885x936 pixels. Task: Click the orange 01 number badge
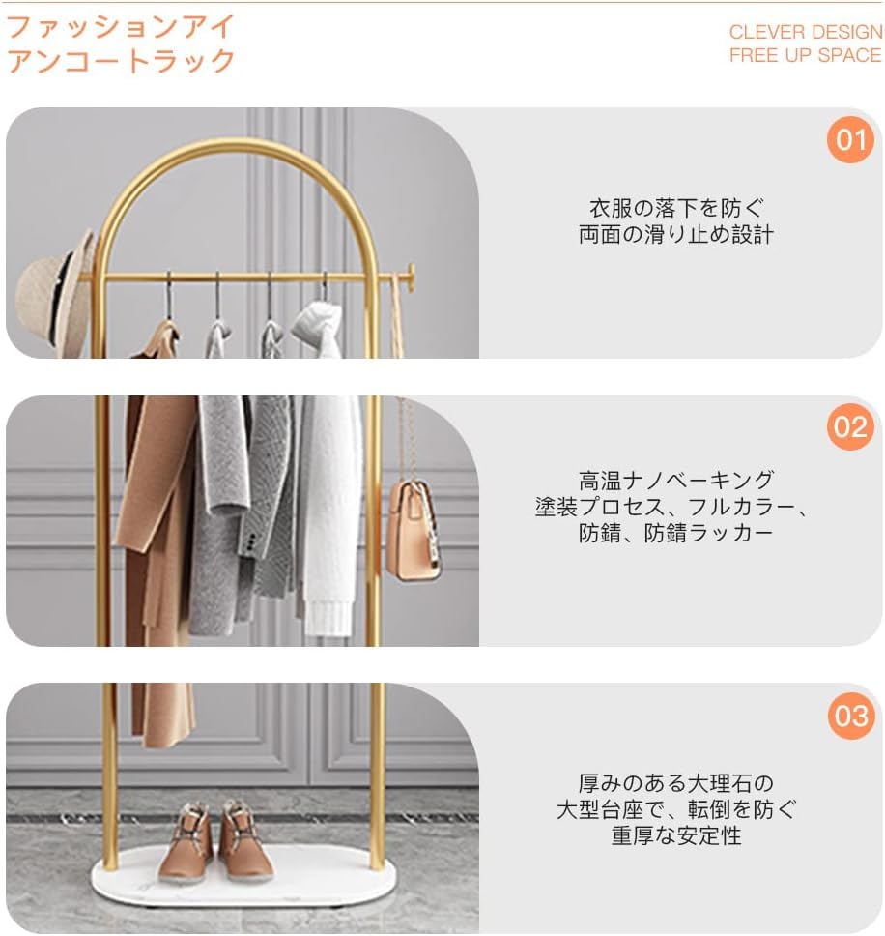(850, 141)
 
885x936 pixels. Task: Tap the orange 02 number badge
(850, 426)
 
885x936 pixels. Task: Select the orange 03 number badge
(850, 716)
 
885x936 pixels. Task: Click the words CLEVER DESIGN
(805, 32)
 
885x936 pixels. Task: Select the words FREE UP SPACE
(805, 55)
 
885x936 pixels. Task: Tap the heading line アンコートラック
(122, 60)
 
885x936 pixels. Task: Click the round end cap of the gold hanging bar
(411, 276)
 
